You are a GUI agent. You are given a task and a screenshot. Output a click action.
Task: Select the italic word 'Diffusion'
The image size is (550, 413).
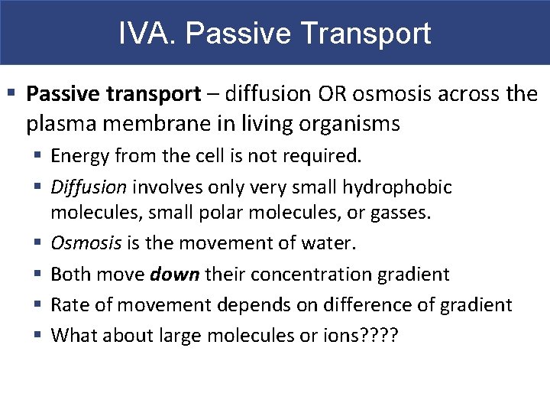click(x=89, y=187)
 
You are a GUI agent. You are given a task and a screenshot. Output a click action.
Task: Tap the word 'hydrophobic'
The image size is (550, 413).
click(x=397, y=187)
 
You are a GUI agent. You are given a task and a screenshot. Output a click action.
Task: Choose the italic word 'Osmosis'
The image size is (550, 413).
click(x=86, y=243)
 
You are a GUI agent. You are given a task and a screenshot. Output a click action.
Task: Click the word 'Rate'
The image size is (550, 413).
click(x=68, y=305)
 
